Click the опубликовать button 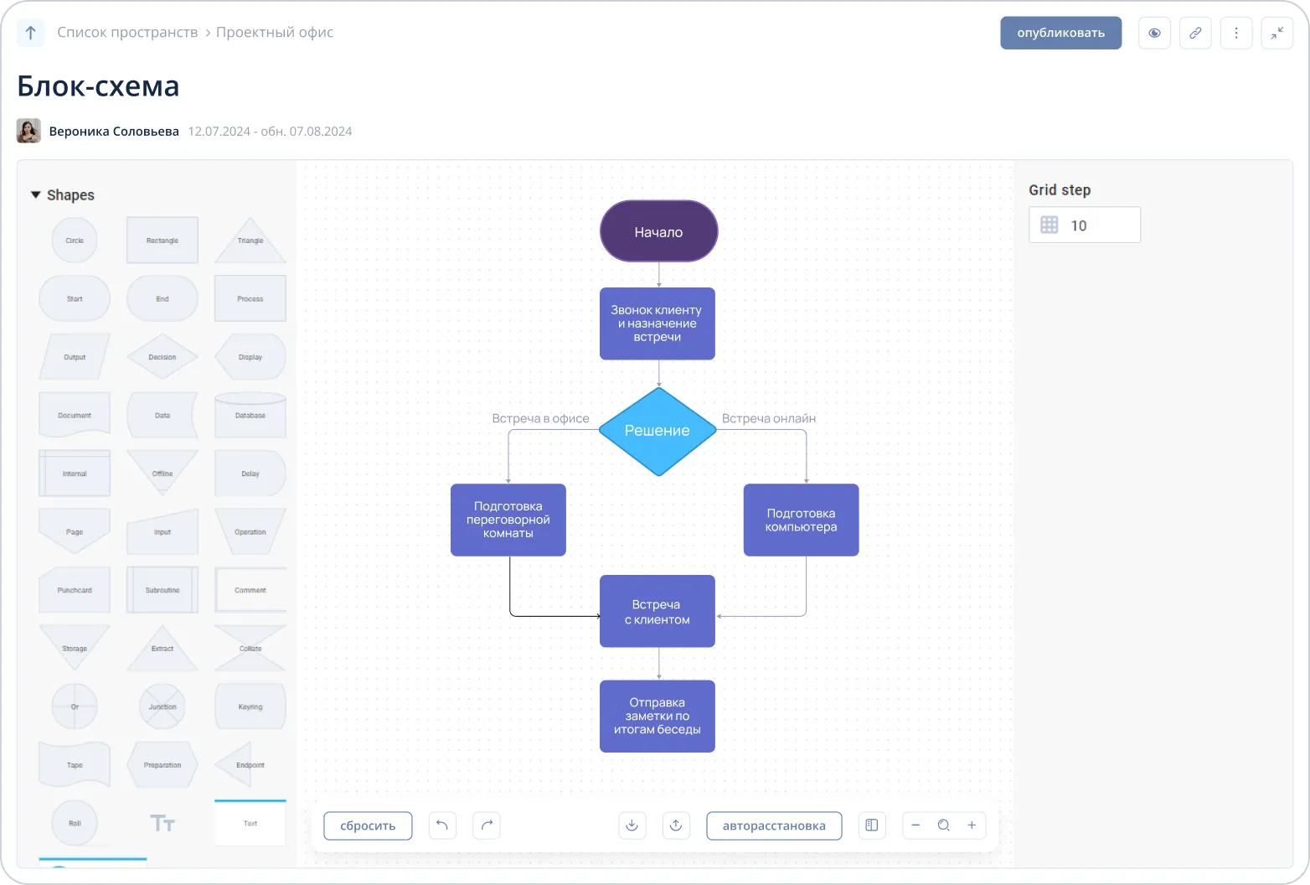[x=1060, y=33]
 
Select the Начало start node [x=658, y=231]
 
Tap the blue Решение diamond [x=658, y=431]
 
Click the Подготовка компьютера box [x=801, y=520]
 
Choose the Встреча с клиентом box [x=658, y=611]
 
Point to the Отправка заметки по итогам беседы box [x=658, y=716]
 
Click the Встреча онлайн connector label [x=768, y=418]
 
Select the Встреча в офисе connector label [x=540, y=418]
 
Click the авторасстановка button [x=774, y=825]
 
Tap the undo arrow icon [x=442, y=825]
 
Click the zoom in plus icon [x=972, y=825]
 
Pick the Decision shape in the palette [x=162, y=356]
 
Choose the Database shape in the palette [x=250, y=415]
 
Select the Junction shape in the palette [x=162, y=706]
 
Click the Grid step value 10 [x=1079, y=225]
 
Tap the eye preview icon [x=1154, y=33]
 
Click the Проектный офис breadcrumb [x=274, y=32]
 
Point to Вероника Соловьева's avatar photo [x=28, y=131]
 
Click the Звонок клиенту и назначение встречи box [x=658, y=323]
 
